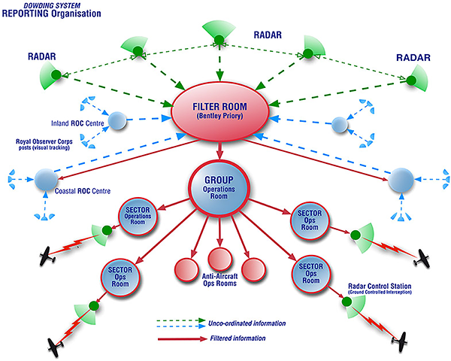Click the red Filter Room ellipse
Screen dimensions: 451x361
coord(220,111)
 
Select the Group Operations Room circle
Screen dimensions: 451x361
coord(219,188)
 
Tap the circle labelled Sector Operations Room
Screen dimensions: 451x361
coord(138,216)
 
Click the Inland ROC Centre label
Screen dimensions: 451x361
coord(77,123)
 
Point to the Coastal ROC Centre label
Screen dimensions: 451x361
coord(83,191)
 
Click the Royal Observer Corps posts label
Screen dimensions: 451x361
coord(44,144)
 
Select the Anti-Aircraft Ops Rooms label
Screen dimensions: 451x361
coord(219,280)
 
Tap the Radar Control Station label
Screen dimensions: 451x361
coord(380,289)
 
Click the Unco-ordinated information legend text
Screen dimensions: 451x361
coord(247,323)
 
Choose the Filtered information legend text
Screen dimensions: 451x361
coord(238,338)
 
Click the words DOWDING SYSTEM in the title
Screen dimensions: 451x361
coord(52,5)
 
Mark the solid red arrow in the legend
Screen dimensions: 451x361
coord(183,339)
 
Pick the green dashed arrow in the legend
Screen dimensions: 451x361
coord(181,320)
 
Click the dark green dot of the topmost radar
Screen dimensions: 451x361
coord(219,39)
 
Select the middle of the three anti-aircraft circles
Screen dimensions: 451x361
coord(219,259)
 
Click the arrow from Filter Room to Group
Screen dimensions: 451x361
coord(219,150)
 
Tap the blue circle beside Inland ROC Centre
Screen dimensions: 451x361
coord(117,120)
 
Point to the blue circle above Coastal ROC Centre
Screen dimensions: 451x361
coord(46,180)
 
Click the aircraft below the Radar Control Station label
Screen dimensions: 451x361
coord(400,341)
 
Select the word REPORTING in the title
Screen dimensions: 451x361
coord(26,14)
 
